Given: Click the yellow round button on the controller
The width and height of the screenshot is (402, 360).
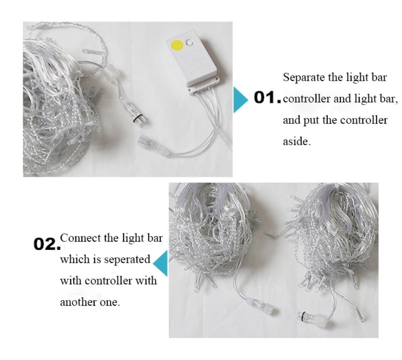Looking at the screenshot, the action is (x=177, y=45).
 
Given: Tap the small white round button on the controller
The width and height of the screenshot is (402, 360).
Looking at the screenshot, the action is (x=190, y=42).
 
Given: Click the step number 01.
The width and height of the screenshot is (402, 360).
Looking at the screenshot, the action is (x=267, y=98).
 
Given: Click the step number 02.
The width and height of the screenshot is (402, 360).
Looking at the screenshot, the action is (x=47, y=244).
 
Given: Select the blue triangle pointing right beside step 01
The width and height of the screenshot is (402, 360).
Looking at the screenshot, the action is (x=240, y=100).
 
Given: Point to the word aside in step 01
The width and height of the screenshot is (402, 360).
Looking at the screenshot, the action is (x=297, y=141).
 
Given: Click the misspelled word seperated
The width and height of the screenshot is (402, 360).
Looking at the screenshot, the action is (x=127, y=260).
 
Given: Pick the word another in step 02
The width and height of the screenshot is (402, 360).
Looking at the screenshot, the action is (x=79, y=302).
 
